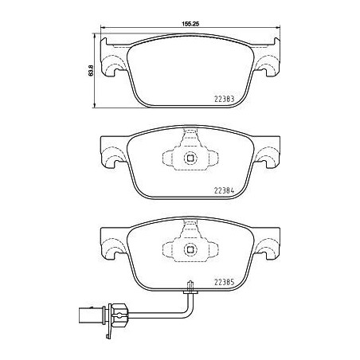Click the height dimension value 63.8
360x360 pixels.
(x=91, y=71)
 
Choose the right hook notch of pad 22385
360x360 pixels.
(x=263, y=253)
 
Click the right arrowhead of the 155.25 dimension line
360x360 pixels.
(x=280, y=32)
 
